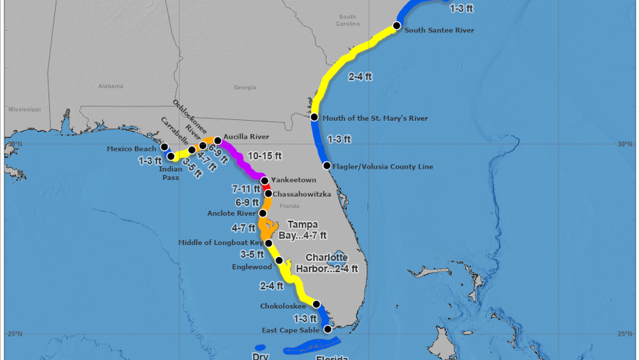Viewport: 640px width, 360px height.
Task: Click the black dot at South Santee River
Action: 396,25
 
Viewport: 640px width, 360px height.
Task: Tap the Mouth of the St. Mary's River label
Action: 375,118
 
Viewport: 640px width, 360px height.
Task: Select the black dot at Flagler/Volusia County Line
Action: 327,165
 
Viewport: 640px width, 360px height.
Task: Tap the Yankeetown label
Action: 294,180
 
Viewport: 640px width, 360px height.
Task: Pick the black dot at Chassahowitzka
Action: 268,194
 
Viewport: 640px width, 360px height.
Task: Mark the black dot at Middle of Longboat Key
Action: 268,243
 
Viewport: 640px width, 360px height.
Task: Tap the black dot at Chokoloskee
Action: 316,304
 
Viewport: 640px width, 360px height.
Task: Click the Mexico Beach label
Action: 131,149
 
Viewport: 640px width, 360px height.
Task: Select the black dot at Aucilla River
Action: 218,140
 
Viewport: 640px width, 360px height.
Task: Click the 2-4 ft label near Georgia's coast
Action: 360,76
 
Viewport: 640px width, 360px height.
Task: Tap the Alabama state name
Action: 111,86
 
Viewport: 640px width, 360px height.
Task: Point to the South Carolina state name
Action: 347,20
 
